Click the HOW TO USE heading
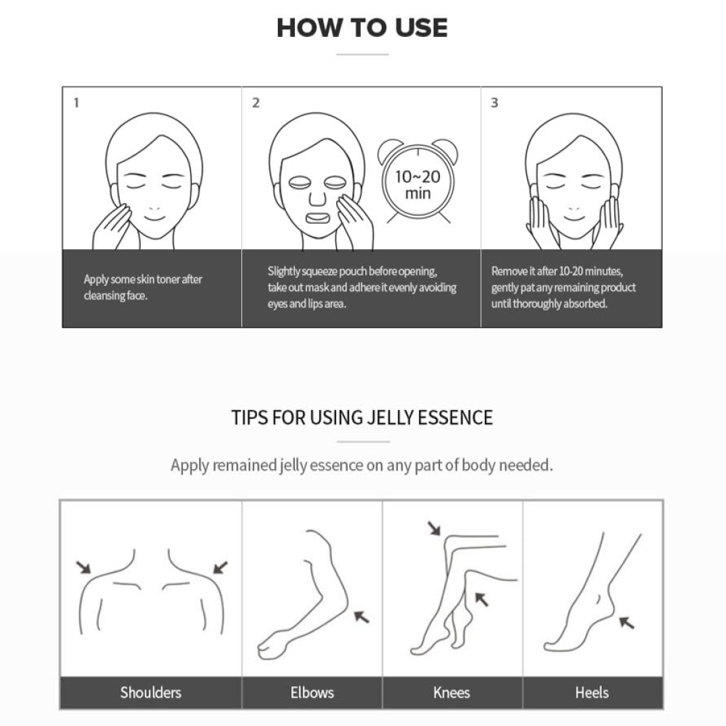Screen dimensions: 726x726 [362, 28]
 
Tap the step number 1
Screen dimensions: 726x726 [76, 103]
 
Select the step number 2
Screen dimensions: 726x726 [256, 103]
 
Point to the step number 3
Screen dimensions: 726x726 [494, 103]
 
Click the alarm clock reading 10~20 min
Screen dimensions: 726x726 [417, 181]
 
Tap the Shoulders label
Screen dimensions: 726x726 [150, 693]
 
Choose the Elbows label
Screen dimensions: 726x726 [312, 693]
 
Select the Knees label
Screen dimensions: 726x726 [452, 693]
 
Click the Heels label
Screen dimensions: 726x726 [592, 693]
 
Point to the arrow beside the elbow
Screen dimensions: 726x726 [362, 616]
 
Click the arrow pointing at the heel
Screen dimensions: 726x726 [627, 622]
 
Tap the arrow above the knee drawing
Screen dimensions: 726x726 [434, 529]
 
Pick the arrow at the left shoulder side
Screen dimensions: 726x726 [83, 568]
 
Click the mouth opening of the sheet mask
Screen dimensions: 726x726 [317, 217]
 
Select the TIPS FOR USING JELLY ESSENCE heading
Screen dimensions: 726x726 [362, 417]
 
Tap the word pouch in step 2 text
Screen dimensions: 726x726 [354, 272]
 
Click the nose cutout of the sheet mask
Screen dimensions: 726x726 [317, 198]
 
